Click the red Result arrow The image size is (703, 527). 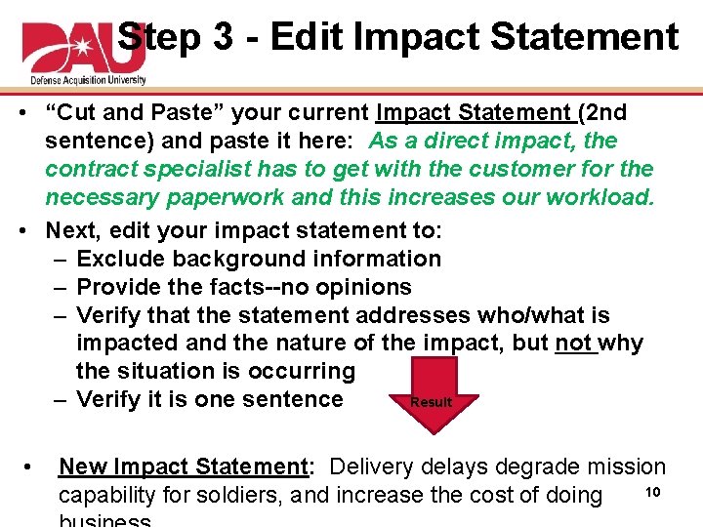430,395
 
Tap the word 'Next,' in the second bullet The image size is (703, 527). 73,231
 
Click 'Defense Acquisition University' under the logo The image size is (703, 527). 84,79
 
